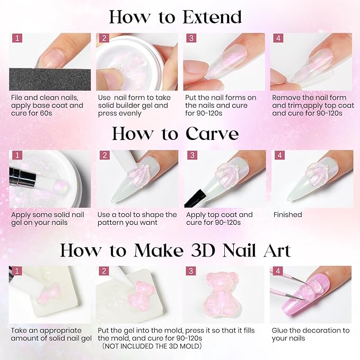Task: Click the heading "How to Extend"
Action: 175,17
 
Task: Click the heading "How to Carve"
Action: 175,134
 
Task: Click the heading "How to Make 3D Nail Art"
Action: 175,250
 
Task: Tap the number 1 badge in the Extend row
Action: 17,39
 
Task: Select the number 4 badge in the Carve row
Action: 278,156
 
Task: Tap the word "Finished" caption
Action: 287,215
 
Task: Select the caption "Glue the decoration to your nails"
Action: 310,334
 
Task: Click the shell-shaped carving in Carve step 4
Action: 313,178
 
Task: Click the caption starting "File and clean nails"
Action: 47,106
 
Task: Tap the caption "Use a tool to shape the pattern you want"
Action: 137,218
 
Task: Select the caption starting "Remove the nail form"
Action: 309,106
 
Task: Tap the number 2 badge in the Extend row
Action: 104,39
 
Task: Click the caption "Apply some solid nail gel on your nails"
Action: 47,218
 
